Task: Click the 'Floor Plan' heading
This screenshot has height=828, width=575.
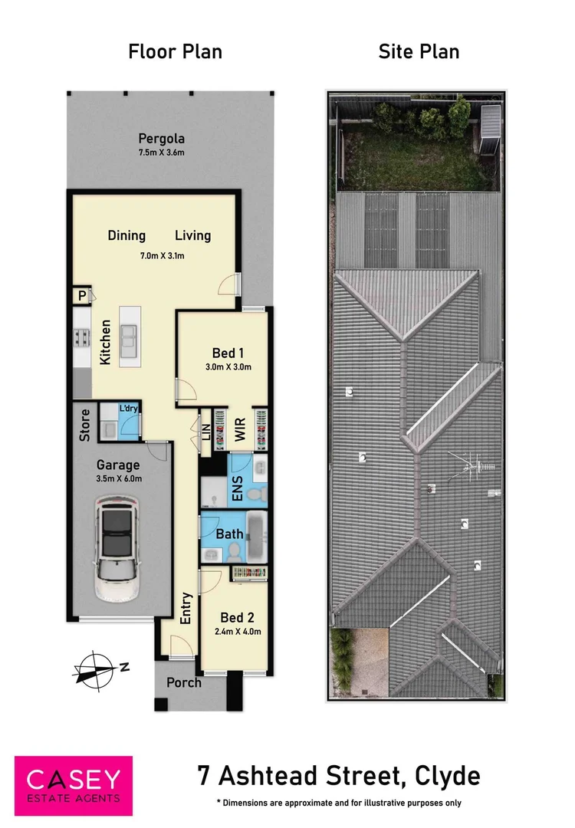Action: (x=175, y=51)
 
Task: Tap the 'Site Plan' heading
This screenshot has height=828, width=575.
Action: (x=419, y=51)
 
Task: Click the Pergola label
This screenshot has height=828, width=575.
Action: (x=161, y=139)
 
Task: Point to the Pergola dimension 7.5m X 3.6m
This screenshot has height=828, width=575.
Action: (x=161, y=153)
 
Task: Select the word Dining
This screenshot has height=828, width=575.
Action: (x=127, y=235)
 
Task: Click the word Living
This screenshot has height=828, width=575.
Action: (x=192, y=235)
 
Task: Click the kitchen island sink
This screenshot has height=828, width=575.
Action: (x=128, y=335)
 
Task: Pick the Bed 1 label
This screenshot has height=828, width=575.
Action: (x=228, y=353)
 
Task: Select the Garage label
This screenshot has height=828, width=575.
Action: (x=117, y=465)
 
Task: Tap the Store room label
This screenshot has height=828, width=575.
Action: (x=84, y=425)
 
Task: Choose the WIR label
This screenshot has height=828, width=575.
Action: (x=240, y=432)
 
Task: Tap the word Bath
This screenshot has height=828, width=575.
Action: (x=230, y=534)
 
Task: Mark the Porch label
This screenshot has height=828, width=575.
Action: (x=184, y=682)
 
